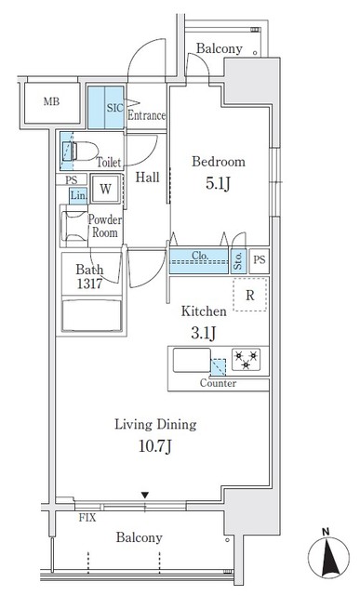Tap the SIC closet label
[x=114, y=107]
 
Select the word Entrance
[x=146, y=116]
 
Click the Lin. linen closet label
[x=77, y=195]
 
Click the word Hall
[x=146, y=177]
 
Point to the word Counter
[x=218, y=383]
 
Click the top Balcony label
[x=220, y=49]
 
